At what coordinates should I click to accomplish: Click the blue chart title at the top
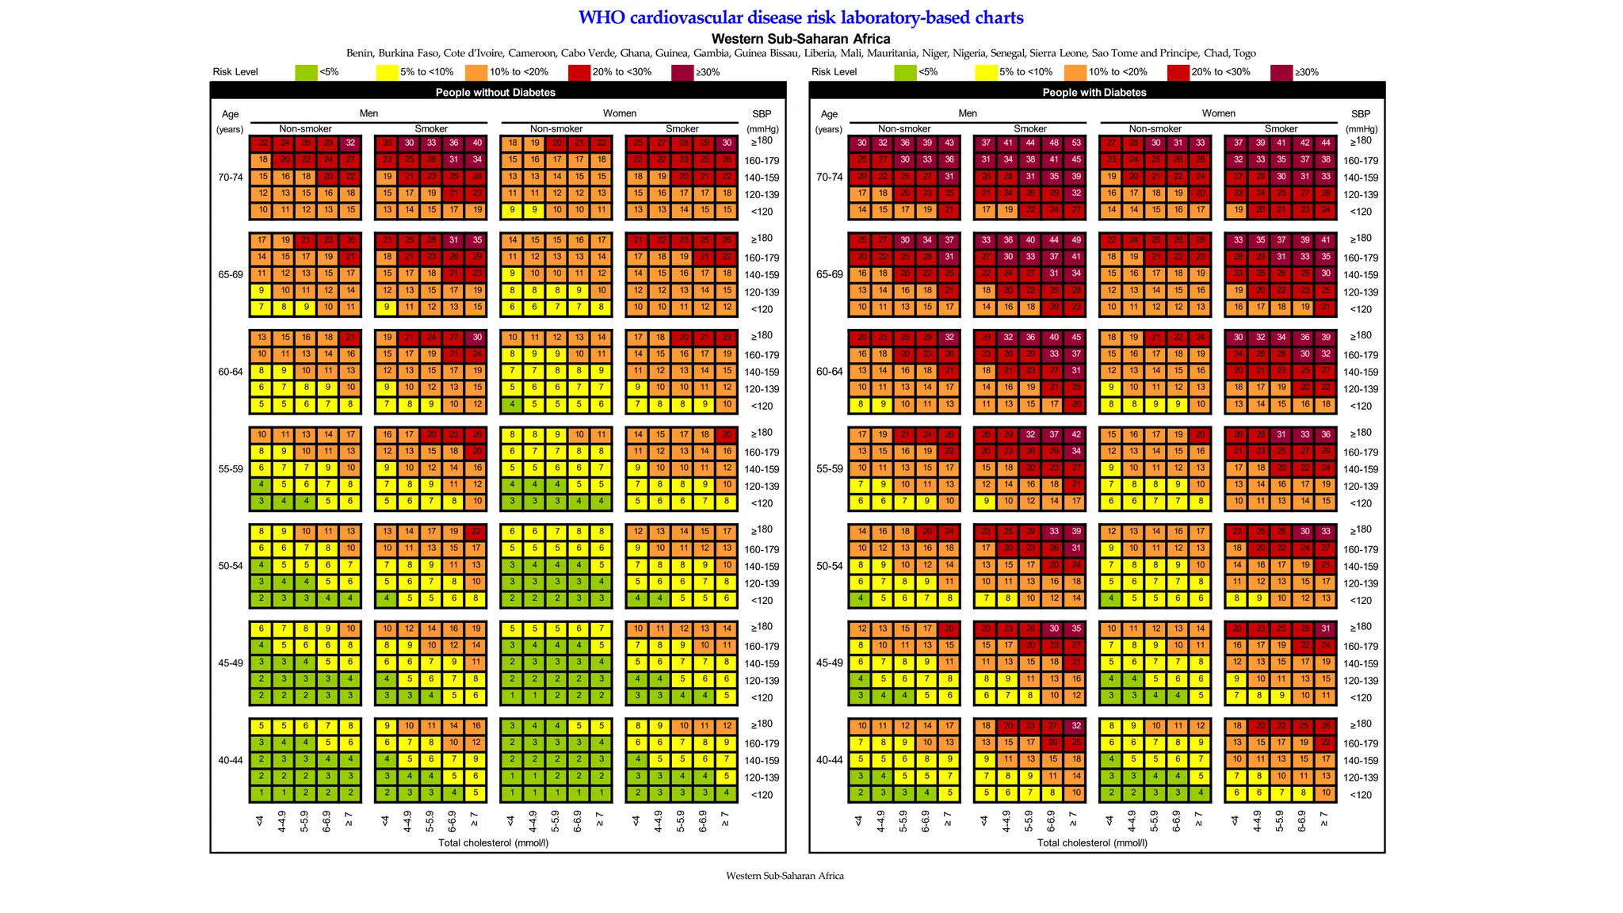tap(800, 17)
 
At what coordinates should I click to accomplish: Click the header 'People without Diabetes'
tap(495, 92)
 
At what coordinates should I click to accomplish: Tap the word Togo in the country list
tap(1243, 54)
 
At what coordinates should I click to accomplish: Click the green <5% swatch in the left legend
tap(306, 72)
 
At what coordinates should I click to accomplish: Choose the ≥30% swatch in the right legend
tap(1281, 72)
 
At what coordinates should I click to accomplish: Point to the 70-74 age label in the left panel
tap(230, 178)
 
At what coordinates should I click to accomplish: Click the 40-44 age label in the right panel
tap(829, 760)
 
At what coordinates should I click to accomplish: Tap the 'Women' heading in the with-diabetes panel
tap(1218, 113)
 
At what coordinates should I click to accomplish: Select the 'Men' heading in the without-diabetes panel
tap(369, 113)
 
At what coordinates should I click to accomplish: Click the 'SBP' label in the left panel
tap(762, 114)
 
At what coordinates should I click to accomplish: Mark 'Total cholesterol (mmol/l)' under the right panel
tap(1092, 842)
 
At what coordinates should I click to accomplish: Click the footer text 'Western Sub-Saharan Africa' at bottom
tap(785, 876)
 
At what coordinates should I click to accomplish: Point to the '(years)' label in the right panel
tap(829, 129)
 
